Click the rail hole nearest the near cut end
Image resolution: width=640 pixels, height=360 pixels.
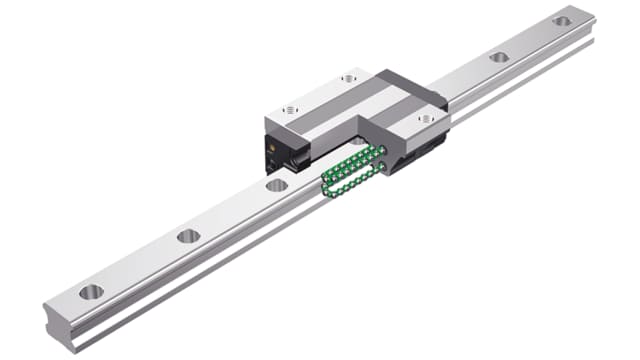pos(91,292)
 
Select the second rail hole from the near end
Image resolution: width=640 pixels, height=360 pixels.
pos(188,237)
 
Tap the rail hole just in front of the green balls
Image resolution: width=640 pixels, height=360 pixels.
pos(277,185)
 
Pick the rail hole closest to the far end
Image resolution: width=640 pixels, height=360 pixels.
pos(562,20)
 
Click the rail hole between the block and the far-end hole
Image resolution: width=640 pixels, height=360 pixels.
pos(499,57)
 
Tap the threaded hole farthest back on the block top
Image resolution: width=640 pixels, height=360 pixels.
pos(347,77)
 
